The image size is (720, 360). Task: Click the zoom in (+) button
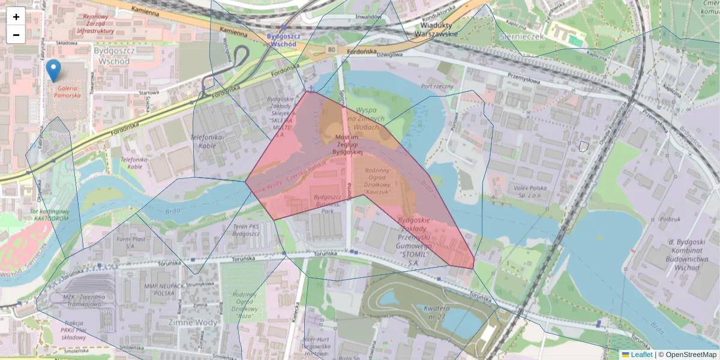click(16, 17)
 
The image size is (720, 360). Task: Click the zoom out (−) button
click(16, 35)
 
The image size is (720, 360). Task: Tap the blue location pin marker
click(53, 71)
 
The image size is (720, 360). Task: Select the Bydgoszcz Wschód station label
click(281, 40)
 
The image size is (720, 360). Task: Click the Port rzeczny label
click(437, 86)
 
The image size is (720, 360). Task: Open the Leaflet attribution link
click(641, 355)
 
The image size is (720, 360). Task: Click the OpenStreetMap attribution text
click(690, 355)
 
